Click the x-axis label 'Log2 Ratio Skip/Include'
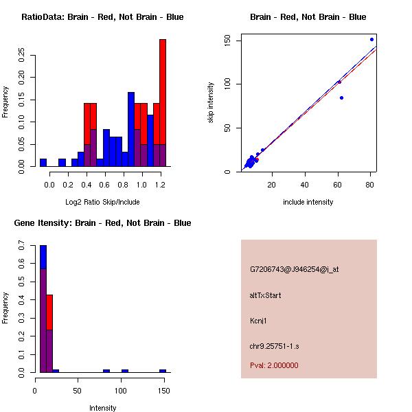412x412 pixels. [x=102, y=202]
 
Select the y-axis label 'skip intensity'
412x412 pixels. [x=211, y=103]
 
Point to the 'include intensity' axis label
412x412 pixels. [x=308, y=202]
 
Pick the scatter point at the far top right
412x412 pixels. [x=371, y=40]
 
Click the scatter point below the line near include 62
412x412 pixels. [x=341, y=98]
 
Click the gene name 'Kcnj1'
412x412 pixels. [x=259, y=320]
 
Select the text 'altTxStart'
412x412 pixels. [x=265, y=295]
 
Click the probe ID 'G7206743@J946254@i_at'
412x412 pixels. [x=295, y=269]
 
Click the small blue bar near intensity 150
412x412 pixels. [x=163, y=371]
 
